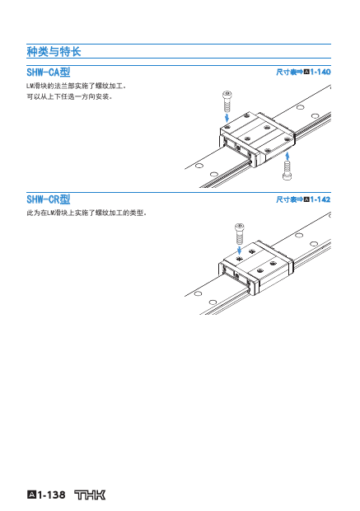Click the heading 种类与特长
(x=54, y=51)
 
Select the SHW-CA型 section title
(x=49, y=72)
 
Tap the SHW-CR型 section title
(x=49, y=199)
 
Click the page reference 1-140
(x=320, y=72)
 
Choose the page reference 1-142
(x=320, y=199)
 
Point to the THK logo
(x=90, y=495)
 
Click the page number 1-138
(x=51, y=495)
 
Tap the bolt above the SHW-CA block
(x=227, y=101)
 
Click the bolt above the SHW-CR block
(x=240, y=234)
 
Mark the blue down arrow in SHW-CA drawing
(x=227, y=117)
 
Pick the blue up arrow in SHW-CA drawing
(x=287, y=157)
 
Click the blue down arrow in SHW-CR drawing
(x=240, y=251)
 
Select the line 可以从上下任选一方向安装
(x=69, y=96)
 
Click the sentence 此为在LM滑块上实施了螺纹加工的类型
(x=86, y=213)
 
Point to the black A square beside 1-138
(x=31, y=495)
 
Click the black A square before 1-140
(x=306, y=72)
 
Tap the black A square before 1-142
(x=306, y=199)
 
